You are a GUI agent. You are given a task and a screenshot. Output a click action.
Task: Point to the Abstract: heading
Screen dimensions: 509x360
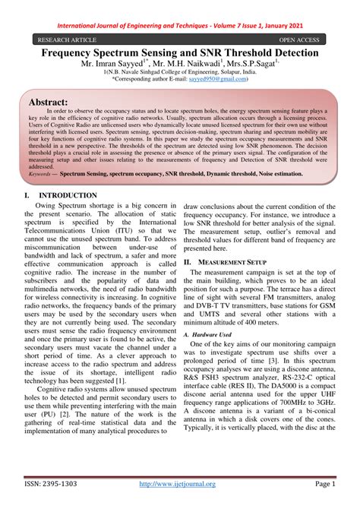48,101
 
